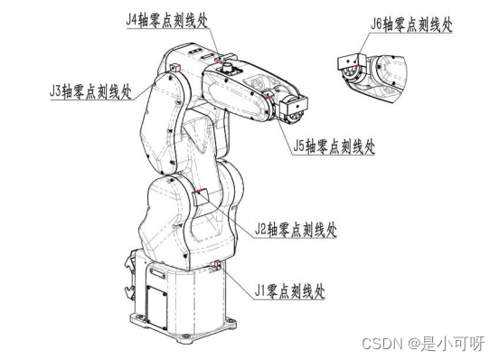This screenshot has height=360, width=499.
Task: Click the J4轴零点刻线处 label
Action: coord(166,20)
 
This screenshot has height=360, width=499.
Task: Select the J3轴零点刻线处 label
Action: coord(90,91)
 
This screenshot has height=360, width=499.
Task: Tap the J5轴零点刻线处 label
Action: coord(334,147)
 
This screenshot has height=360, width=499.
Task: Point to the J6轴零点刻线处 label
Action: coord(411,24)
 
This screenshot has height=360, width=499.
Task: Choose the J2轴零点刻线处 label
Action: coord(296,229)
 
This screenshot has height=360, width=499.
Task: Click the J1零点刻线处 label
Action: coord(289,290)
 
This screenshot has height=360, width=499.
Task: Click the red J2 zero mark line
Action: coord(199,191)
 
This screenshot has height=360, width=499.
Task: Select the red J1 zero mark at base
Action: coord(217,265)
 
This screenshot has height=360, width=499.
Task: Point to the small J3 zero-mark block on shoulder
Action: coord(175,68)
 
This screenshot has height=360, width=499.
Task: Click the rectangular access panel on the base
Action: coord(156,307)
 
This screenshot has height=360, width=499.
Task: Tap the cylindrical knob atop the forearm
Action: coord(227,67)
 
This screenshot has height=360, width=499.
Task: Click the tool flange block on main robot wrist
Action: coord(294,105)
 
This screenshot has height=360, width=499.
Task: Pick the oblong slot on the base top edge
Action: coord(157,273)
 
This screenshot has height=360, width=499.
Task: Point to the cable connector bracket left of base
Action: coord(131,274)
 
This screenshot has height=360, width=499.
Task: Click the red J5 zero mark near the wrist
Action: coord(268,96)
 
